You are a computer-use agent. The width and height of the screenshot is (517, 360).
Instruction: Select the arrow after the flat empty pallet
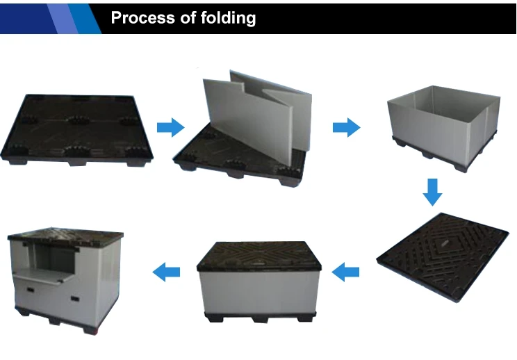point(170,127)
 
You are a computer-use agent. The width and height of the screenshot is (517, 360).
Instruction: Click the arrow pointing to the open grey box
point(346,127)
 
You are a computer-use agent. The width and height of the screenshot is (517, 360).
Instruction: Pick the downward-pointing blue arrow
point(433,191)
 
